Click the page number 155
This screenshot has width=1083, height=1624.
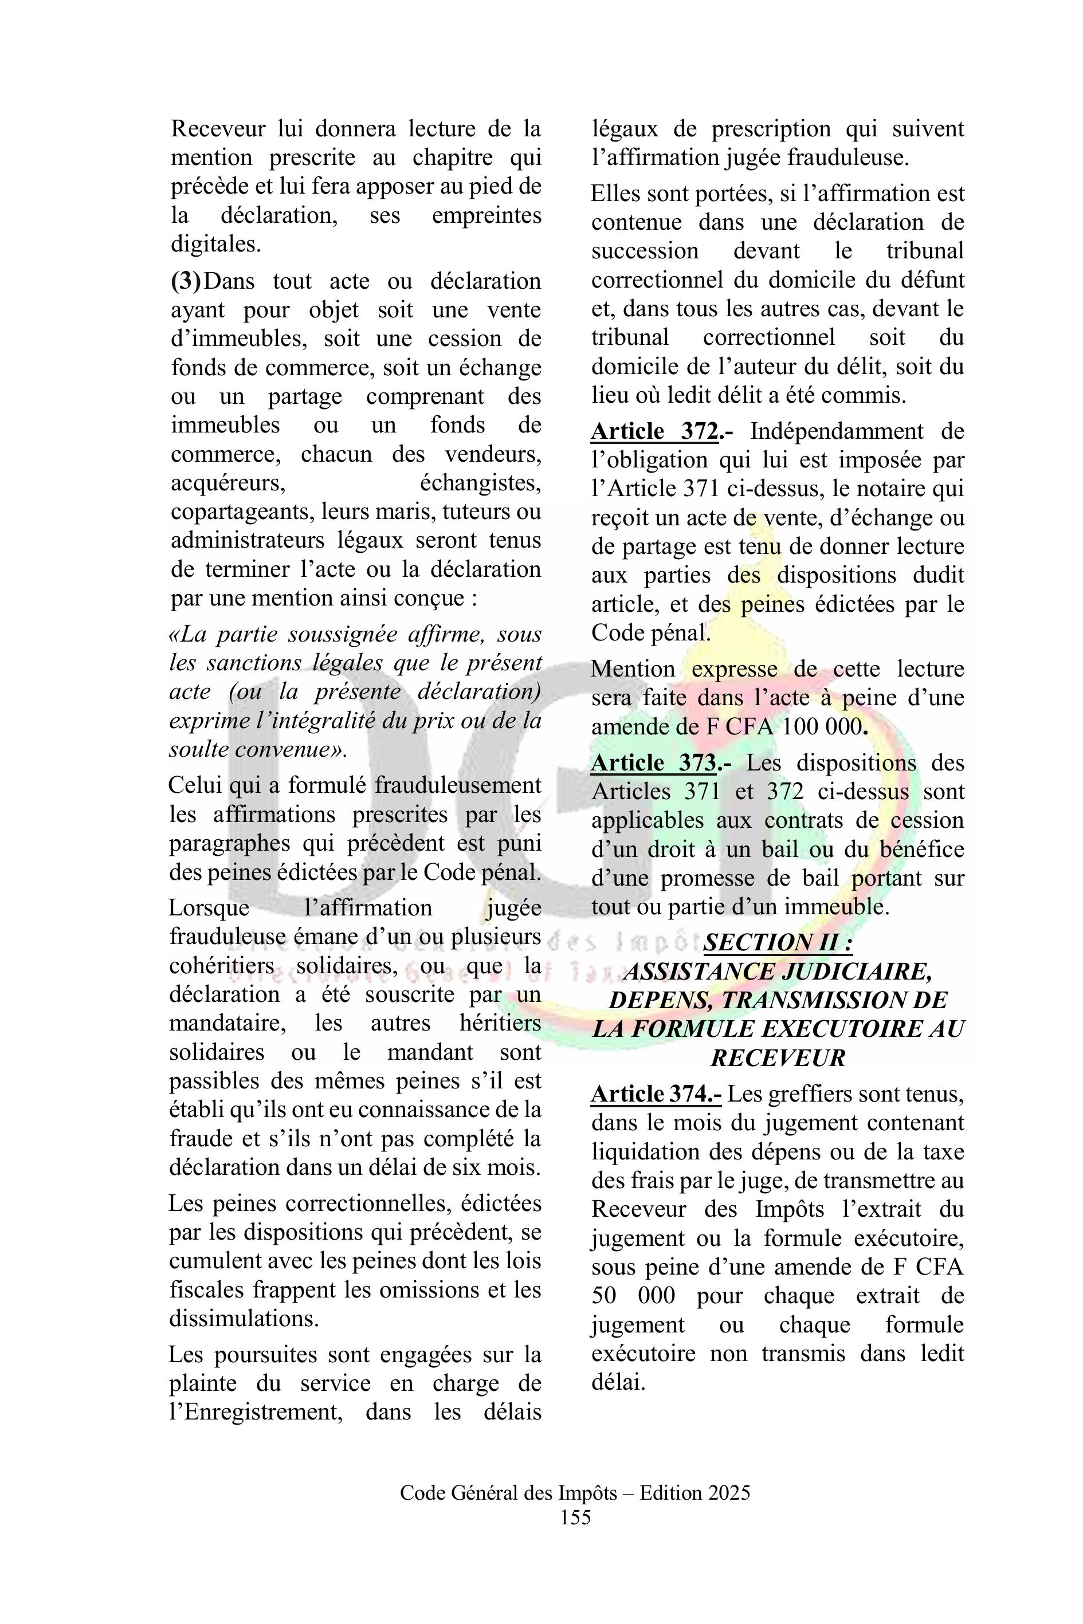pos(575,1537)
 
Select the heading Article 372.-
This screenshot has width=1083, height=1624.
pos(662,431)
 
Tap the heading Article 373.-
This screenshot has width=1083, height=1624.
pos(661,763)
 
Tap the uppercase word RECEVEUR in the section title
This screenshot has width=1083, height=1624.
pos(778,1059)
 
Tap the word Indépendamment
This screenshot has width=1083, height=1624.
pos(837,431)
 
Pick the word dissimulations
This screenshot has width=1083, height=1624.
pos(244,1319)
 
